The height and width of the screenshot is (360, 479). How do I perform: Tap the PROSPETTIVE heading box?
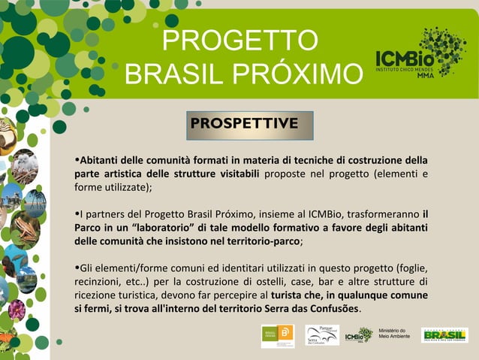pyautogui.click(x=244, y=123)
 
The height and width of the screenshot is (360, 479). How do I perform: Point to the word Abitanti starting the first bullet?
pyautogui.click(x=101, y=160)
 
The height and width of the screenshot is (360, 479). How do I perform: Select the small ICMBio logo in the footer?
pyautogui.click(x=359, y=336)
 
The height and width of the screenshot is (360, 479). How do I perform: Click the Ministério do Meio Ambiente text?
pyautogui.click(x=393, y=333)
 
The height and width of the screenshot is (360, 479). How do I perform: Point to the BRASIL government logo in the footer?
pyautogui.click(x=444, y=334)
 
